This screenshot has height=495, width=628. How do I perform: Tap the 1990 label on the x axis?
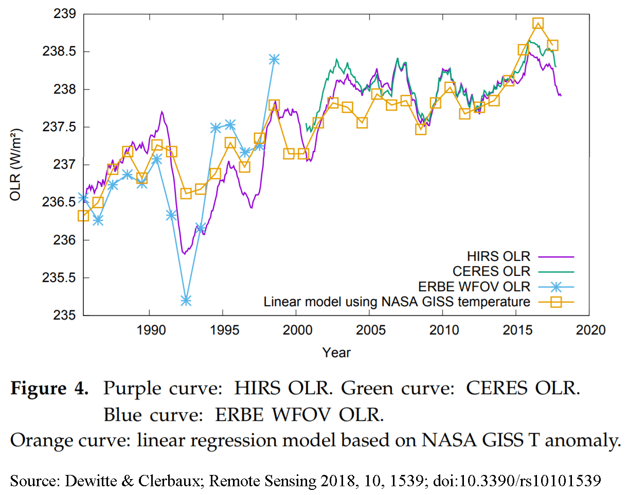(149, 329)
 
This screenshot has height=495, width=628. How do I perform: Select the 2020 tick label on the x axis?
(590, 329)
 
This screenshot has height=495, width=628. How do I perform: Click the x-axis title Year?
(336, 352)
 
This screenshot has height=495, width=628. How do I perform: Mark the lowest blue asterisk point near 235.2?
(186, 300)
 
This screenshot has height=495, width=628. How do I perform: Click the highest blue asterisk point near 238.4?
(274, 59)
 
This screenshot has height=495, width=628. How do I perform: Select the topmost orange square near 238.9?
(538, 24)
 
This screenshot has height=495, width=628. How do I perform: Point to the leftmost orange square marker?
(83, 216)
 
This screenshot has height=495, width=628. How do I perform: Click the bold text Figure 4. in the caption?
(49, 388)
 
